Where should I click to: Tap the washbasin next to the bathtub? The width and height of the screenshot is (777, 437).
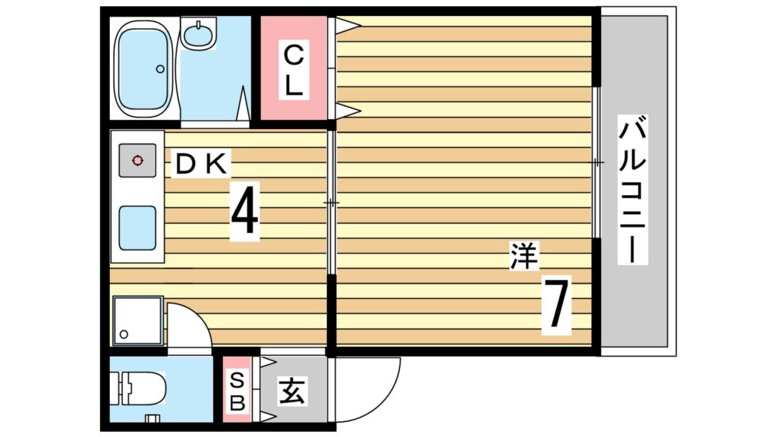tap(198, 33)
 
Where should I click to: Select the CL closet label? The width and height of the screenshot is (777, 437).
tap(294, 70)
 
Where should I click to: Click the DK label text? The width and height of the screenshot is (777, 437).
tap(201, 164)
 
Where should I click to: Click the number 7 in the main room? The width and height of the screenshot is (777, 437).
tap(556, 305)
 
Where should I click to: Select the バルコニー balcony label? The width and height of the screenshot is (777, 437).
tap(633, 190)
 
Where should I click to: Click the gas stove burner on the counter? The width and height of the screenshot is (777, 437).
tap(137, 161)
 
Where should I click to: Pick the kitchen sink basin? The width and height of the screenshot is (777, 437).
tap(137, 228)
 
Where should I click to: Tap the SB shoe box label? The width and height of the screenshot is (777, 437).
tap(238, 392)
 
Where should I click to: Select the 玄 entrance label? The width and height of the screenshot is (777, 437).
tap(292, 391)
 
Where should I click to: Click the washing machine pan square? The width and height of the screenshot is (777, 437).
tap(138, 321)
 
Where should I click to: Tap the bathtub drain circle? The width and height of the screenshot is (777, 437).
tap(160, 69)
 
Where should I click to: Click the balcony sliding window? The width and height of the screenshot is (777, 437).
tap(597, 162)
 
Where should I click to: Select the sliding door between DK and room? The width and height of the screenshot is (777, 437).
tap(332, 202)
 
